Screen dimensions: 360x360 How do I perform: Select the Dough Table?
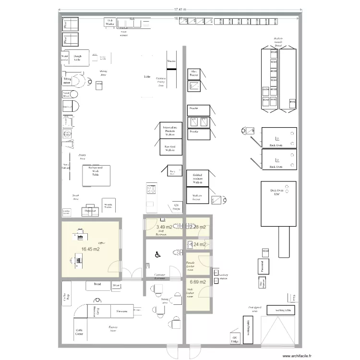pos(78,57)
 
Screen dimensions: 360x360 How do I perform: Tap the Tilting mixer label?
pos(67,81)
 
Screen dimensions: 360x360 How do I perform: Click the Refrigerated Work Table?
pos(95,175)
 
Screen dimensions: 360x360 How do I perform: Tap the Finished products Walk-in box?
pos(197,179)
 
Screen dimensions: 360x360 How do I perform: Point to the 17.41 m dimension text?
pos(180,10)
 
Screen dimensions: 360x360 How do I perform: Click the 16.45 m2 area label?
pos(91,249)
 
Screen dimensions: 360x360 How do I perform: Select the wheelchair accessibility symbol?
pos(156,255)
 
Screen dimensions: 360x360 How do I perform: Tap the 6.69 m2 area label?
pos(197,282)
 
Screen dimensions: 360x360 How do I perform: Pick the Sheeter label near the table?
pos(171,61)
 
